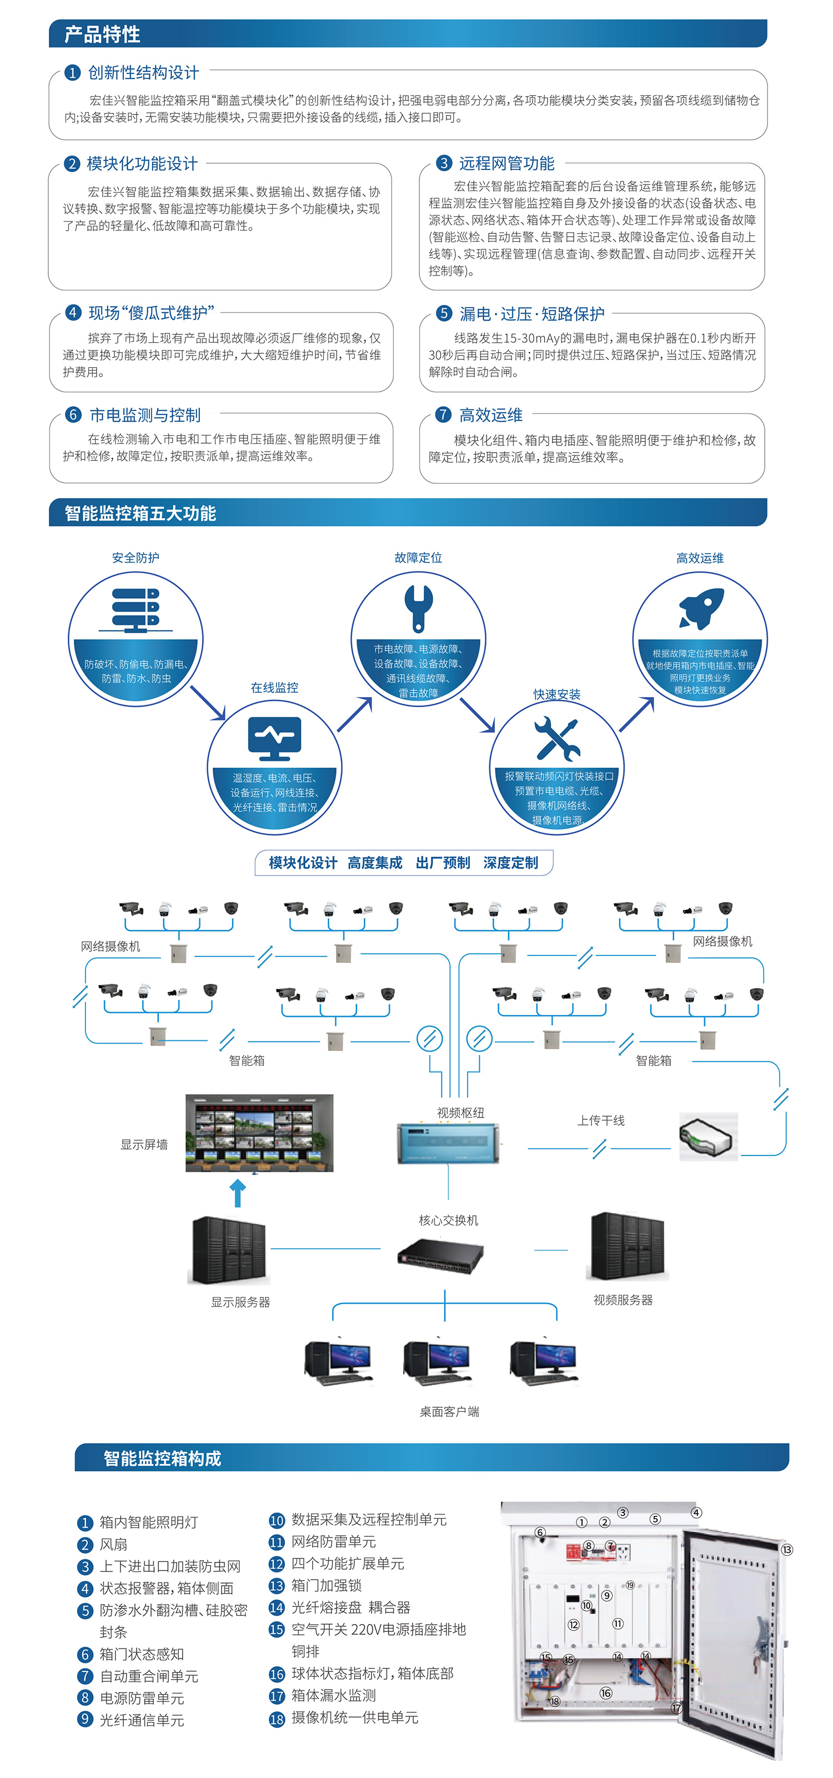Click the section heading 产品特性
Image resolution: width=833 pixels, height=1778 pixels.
tap(102, 34)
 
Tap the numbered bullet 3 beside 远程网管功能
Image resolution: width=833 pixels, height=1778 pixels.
tap(444, 163)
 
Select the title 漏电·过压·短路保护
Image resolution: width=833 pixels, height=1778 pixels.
tap(531, 314)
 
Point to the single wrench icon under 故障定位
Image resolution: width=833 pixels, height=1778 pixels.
tap(418, 608)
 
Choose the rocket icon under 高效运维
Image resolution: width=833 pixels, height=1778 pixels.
tap(702, 608)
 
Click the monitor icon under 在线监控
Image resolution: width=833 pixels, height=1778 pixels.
tap(275, 738)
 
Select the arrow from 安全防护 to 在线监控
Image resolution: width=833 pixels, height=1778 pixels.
tap(208, 703)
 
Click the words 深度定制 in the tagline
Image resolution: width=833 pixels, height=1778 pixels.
tap(511, 863)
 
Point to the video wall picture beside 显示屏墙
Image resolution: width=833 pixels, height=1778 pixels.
tap(259, 1133)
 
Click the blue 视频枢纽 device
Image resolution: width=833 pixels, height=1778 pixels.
tap(448, 1143)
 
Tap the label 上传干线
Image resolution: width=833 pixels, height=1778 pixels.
tap(600, 1120)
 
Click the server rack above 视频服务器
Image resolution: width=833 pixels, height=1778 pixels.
tap(628, 1247)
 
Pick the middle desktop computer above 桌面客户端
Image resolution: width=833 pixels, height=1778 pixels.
tap(436, 1363)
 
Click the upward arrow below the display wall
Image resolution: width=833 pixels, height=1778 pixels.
tap(238, 1193)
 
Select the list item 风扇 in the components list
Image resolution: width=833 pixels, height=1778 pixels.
tap(113, 1544)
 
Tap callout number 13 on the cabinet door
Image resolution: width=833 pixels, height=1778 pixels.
tap(787, 1550)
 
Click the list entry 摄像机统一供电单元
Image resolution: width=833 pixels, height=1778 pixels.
tap(354, 1717)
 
